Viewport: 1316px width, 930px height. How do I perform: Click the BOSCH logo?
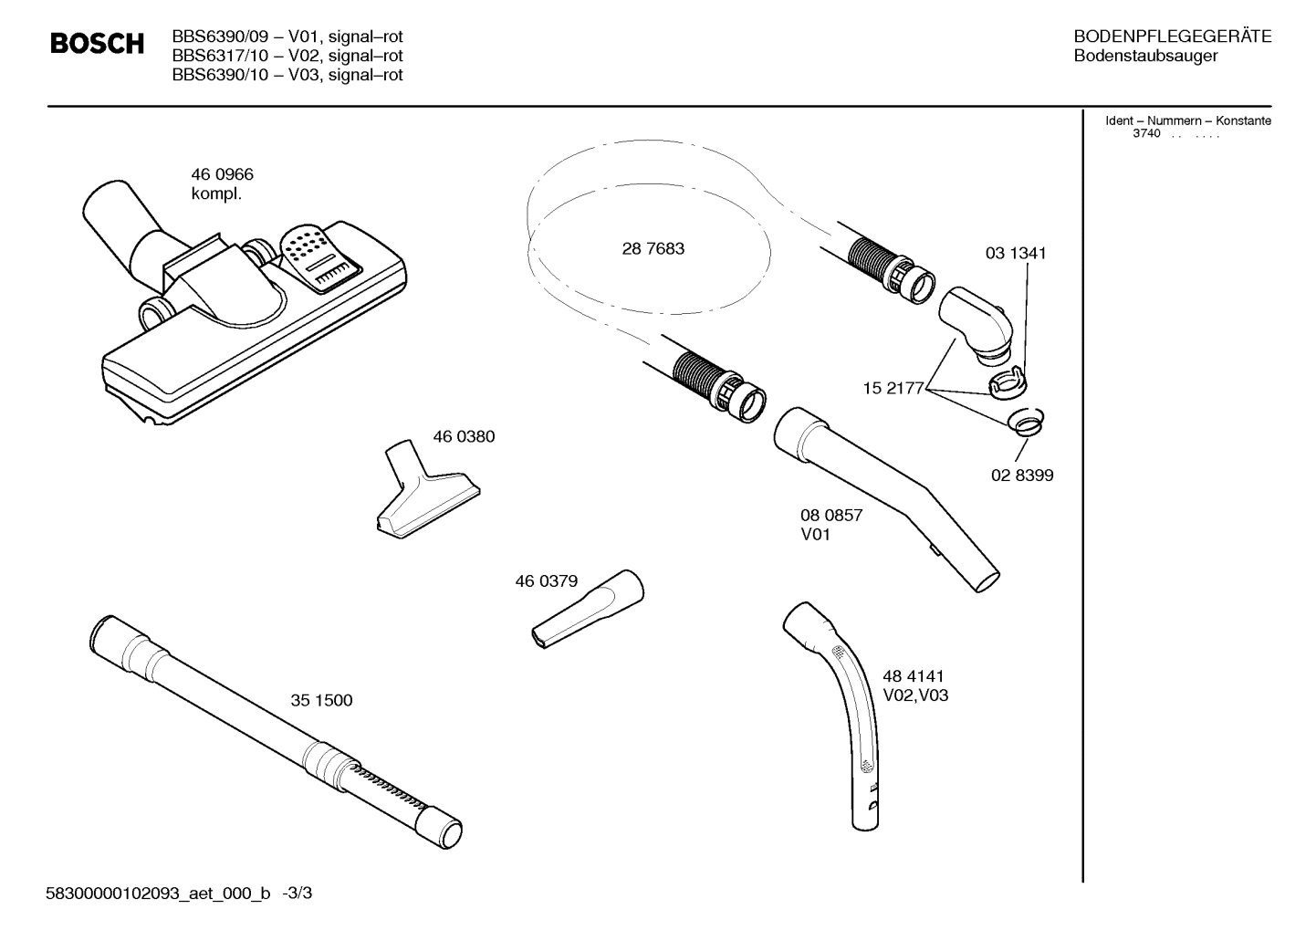(97, 44)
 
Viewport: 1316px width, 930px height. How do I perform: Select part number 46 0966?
(222, 174)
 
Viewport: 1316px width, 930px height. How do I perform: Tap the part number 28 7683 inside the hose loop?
(653, 248)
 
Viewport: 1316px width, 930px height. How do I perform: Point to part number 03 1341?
(1015, 253)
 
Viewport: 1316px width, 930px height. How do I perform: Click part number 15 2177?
(893, 389)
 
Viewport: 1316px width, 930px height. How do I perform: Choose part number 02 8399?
(1022, 475)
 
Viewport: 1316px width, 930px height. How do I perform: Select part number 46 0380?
(464, 436)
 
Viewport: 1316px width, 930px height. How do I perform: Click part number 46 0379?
(546, 580)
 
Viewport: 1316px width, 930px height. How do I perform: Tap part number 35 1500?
(321, 700)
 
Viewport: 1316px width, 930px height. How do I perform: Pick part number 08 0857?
(830, 515)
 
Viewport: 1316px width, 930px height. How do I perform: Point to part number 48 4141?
(913, 675)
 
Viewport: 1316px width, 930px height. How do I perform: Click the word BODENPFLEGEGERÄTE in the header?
(1172, 37)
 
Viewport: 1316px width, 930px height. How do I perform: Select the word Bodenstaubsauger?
(1144, 56)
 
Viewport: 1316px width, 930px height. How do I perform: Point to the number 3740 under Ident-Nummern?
(1145, 133)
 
